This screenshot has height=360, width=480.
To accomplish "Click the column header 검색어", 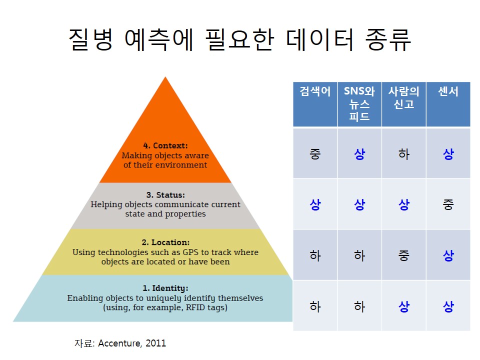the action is pos(315,104).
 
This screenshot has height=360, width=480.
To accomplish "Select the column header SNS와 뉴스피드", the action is pos(359,104).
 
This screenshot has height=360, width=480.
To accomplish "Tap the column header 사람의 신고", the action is pos(404,104).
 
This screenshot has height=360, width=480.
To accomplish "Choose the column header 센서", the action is pos(448,104).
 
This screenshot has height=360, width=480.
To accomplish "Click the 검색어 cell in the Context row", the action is pos(315,153).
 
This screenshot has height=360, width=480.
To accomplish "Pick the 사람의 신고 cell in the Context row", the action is pos(404,153).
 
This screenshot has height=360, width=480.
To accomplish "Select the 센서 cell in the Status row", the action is pos(448,204).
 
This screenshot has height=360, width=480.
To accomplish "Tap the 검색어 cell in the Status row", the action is pos(315,204).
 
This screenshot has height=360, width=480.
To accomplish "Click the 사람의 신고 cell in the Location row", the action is pos(404,255).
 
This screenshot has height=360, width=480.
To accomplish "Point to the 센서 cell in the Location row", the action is pos(448,255).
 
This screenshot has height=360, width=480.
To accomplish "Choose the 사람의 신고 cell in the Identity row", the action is pos(404,306).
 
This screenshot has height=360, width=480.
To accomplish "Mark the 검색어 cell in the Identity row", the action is pos(315,306).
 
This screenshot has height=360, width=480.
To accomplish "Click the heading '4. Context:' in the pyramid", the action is pos(165,145).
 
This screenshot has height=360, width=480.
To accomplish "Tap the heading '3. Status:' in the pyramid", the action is pos(165,195).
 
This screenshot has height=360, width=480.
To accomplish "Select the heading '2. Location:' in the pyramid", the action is pos(165,242).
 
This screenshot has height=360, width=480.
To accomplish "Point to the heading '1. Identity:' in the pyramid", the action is pos(165,288).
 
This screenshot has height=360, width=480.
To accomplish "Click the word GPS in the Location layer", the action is pos(190,252).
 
